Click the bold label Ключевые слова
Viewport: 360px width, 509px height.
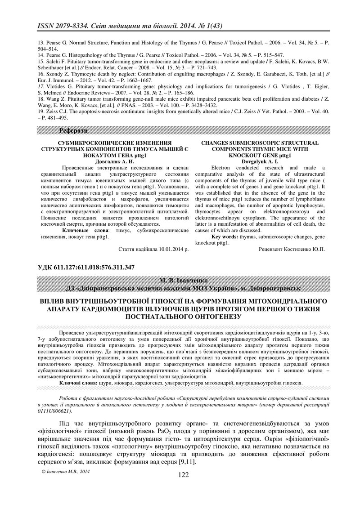pos(81,230)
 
